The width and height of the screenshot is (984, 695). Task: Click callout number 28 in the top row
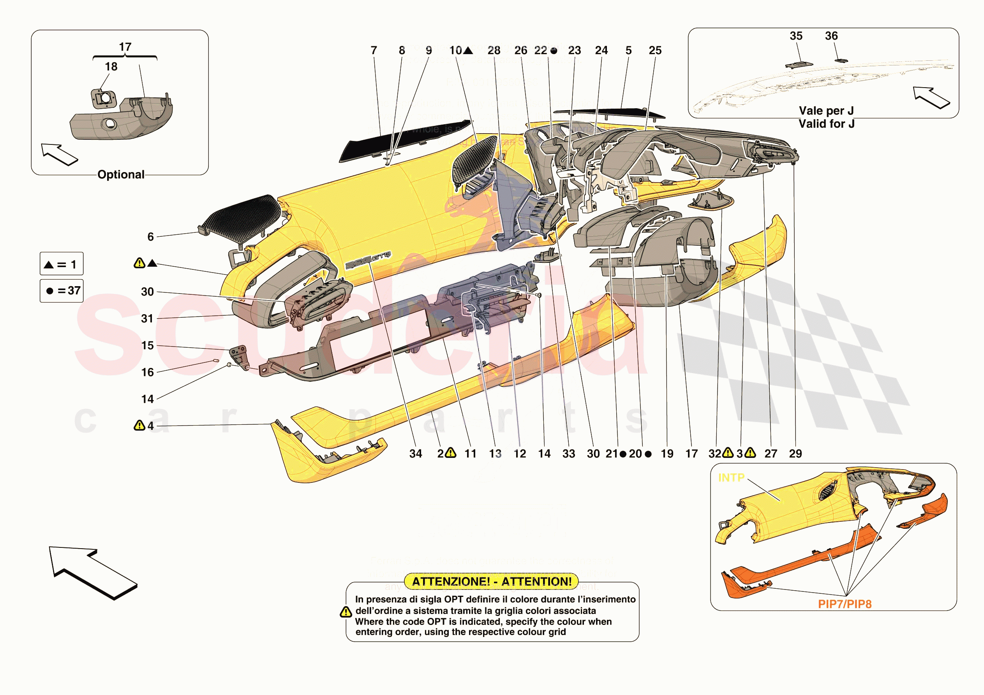494,51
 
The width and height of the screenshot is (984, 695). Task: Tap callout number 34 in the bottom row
415,454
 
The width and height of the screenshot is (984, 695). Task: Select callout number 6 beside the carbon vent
150,237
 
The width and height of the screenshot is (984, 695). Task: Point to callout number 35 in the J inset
796,36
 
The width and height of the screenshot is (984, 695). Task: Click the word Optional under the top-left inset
121,175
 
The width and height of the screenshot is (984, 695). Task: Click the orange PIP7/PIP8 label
844,604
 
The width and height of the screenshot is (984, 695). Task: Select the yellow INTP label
731,477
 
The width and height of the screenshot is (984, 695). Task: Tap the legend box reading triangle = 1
62,264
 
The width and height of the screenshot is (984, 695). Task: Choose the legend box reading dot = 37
62,291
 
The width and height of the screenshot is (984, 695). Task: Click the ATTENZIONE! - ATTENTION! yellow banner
491,581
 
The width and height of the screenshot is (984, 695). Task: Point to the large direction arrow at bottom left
92,572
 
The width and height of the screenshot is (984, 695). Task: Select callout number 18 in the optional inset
111,67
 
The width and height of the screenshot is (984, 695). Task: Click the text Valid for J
826,124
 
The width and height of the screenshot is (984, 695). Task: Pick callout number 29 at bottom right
795,454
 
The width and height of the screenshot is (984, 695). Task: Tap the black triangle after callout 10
468,51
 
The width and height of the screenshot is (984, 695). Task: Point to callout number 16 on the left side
147,372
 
